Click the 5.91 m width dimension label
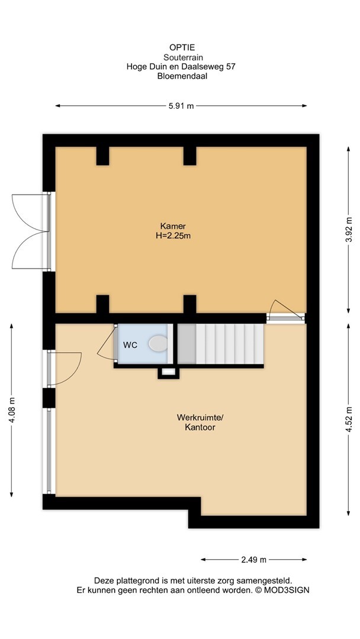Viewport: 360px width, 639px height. coord(181,106)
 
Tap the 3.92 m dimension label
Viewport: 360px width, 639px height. coord(349,230)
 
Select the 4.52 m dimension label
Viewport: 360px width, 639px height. coord(349,419)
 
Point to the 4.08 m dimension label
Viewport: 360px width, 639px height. coord(11,411)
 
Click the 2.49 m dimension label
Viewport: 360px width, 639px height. coord(253,560)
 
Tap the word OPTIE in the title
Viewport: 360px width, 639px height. coord(182,48)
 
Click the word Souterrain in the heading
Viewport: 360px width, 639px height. coord(183,57)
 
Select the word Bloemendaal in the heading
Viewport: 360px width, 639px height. coord(182,76)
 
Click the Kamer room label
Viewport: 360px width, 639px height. coord(173,226)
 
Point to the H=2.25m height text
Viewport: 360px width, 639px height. coord(173,235)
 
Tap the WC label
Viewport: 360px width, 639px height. coord(130,345)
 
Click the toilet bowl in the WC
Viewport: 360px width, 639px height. coord(158,344)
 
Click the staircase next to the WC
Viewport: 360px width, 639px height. coord(221,344)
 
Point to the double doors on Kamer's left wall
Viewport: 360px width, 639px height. coord(31,231)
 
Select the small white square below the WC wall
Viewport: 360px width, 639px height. coord(168,372)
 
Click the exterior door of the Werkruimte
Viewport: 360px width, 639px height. coord(65,369)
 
